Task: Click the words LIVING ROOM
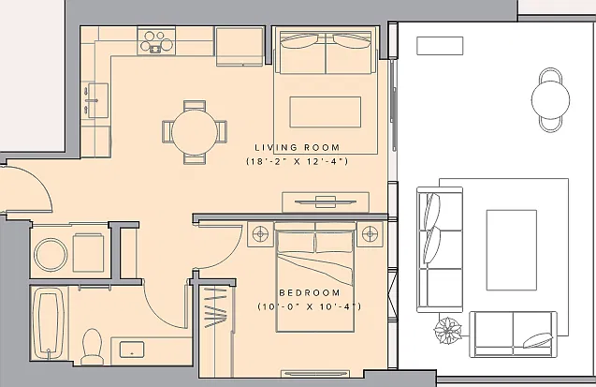[x=298, y=148]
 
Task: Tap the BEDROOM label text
[x=310, y=292]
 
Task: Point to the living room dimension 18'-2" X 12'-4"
[x=298, y=161]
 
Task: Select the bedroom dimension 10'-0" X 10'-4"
[x=310, y=306]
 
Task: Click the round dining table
[x=195, y=132]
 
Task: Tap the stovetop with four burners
[x=156, y=41]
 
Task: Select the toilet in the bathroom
[x=92, y=347]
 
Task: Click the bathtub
[x=49, y=324]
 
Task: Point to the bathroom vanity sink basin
[x=132, y=350]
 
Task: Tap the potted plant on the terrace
[x=448, y=330]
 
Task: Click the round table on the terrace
[x=550, y=100]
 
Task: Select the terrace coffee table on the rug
[x=512, y=250]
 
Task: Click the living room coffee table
[x=326, y=112]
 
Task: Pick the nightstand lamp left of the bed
[x=260, y=233]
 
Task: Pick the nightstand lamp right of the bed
[x=370, y=233]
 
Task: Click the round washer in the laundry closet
[x=51, y=255]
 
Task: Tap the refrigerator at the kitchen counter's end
[x=240, y=47]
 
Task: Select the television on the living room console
[x=326, y=201]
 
